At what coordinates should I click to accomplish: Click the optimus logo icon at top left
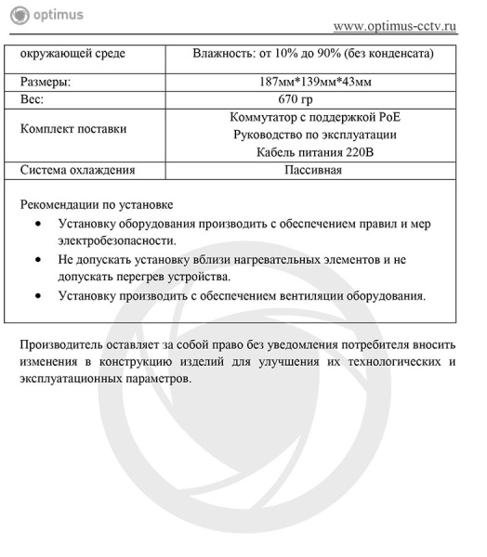pyautogui.click(x=14, y=15)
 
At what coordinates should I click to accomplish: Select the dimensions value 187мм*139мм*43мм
pyautogui.click(x=314, y=82)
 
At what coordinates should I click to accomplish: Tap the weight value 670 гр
pyautogui.click(x=314, y=99)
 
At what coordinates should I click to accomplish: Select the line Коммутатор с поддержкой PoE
pyautogui.click(x=314, y=117)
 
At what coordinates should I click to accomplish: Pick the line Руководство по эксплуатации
pyautogui.click(x=314, y=135)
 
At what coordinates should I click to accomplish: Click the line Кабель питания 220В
pyautogui.click(x=314, y=152)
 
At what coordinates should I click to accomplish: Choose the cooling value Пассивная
pyautogui.click(x=314, y=170)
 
